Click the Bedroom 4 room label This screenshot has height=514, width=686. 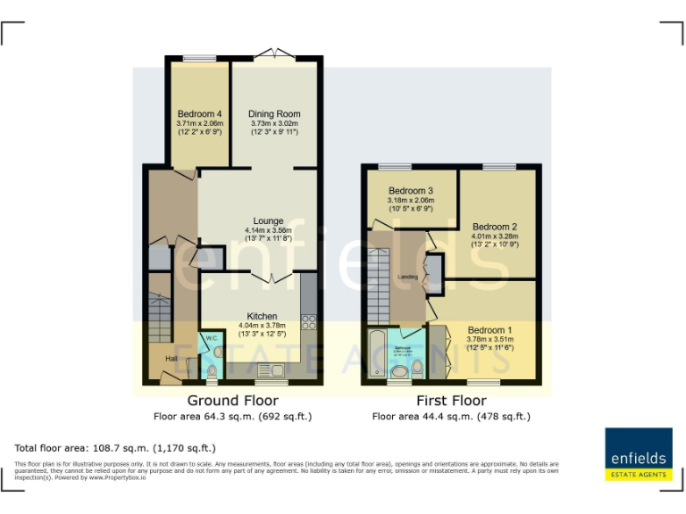pyautogui.click(x=199, y=114)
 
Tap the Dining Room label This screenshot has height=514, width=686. pyautogui.click(x=274, y=114)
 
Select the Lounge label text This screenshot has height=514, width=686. pyautogui.click(x=268, y=221)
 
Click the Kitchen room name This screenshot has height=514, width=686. pyautogui.click(x=262, y=317)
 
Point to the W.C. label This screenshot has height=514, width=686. pyautogui.click(x=212, y=339)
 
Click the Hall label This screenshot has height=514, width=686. pyautogui.click(x=170, y=359)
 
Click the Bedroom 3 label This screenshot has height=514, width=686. pyautogui.click(x=411, y=191)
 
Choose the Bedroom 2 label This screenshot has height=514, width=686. pyautogui.click(x=495, y=227)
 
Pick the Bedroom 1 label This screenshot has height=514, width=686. pyautogui.click(x=489, y=330)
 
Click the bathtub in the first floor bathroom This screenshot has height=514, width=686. pyautogui.click(x=375, y=355)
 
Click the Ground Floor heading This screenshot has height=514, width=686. pyautogui.click(x=232, y=401)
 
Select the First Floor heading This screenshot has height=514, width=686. pyautogui.click(x=451, y=401)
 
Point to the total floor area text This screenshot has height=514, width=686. pyautogui.click(x=115, y=448)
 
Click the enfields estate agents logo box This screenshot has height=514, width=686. pyautogui.click(x=638, y=454)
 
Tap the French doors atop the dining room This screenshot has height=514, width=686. pyautogui.click(x=273, y=56)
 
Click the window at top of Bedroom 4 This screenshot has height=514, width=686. pyautogui.click(x=199, y=59)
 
